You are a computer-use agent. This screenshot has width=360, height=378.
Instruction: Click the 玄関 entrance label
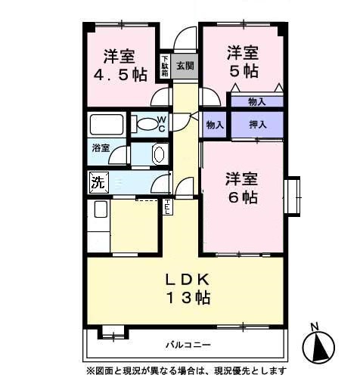(x=185, y=66)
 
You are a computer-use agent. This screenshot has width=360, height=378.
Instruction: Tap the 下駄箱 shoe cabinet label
(x=165, y=66)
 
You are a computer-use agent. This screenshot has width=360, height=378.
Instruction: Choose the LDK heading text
(x=187, y=279)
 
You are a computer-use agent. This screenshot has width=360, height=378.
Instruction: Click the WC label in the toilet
(x=163, y=122)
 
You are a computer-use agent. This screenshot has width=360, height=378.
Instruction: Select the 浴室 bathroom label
(x=101, y=148)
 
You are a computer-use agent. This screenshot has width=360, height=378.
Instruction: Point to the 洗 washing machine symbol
(x=98, y=181)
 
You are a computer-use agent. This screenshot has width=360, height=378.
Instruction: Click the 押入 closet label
(x=257, y=124)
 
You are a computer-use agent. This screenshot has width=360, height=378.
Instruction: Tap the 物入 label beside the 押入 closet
(x=215, y=124)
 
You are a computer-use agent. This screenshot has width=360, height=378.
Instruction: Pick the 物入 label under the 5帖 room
(x=257, y=101)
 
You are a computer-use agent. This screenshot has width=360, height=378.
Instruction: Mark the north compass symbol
(x=318, y=345)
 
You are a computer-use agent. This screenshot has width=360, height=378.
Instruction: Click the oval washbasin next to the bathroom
(x=159, y=153)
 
